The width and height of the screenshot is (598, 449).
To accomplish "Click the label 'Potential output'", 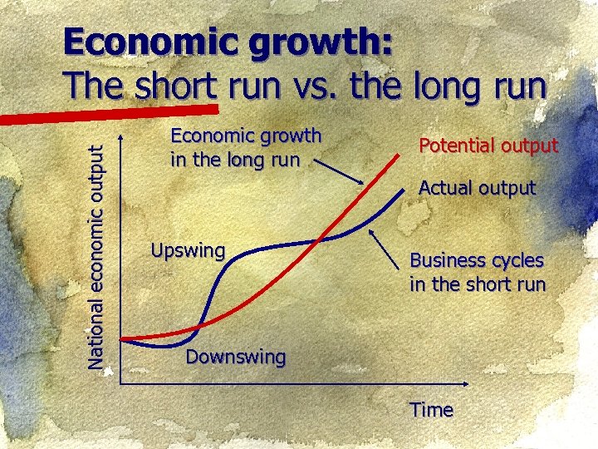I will [x=488, y=146].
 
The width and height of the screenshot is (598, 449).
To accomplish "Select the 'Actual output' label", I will [x=477, y=188].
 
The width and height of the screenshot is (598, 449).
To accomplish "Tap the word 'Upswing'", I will [x=188, y=250].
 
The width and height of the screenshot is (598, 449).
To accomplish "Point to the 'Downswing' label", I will [x=235, y=358].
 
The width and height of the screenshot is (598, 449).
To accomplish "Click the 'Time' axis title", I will [x=431, y=410].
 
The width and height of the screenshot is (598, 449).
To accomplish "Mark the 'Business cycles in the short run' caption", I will [x=477, y=272].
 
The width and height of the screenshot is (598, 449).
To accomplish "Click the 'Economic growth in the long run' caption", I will [x=245, y=147].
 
